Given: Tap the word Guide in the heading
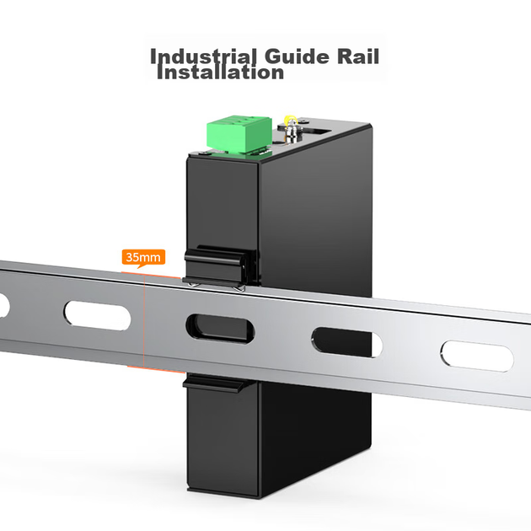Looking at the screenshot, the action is pos(297,56).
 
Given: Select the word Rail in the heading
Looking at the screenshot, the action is pos(358,56).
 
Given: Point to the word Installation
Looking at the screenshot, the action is pos(221,72).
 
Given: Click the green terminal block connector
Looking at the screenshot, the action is pos(239,134).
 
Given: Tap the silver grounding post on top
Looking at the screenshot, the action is pos(291,131).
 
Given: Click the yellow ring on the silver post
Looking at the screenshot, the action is pos(290,120).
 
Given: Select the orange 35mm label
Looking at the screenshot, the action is pos(143,258).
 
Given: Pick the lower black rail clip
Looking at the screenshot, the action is pos(213,383).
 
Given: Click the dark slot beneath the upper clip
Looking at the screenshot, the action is pos(220,329).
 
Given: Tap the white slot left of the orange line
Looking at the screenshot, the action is pos(97,315).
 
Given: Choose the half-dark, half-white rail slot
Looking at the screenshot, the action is pos(346,342).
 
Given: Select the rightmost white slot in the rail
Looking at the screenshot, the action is pos(477,357).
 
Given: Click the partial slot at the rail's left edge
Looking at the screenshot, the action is pos(4,305).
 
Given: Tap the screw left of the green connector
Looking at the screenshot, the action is pos(204,153).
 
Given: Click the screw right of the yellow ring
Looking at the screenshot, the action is pos(304,121).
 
